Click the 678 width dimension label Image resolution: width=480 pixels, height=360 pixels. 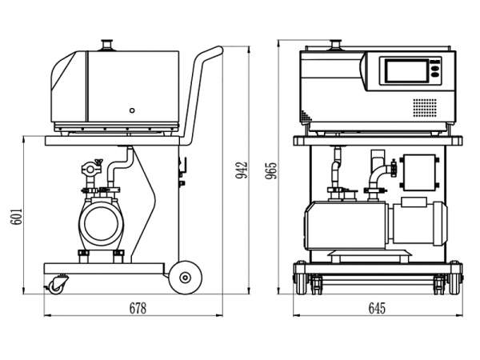click(138, 308)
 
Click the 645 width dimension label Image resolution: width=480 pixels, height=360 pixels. click(377, 308)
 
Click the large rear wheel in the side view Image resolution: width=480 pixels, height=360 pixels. click(186, 277)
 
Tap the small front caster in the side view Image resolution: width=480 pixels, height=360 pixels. click(58, 284)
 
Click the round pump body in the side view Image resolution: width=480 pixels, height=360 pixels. click(101, 225)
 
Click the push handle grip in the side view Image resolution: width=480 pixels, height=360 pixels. click(210, 54)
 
